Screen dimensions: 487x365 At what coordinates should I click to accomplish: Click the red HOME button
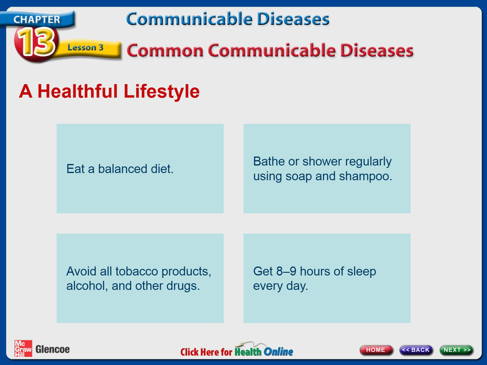click(x=376, y=350)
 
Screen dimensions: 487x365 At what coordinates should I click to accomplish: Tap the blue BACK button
click(x=416, y=350)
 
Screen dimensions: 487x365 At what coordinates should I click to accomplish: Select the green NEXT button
click(x=457, y=350)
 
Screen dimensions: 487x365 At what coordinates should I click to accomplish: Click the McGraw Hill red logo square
click(x=23, y=348)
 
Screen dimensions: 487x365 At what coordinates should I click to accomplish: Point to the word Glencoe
click(x=53, y=349)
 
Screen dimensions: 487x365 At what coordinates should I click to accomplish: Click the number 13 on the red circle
click(x=36, y=42)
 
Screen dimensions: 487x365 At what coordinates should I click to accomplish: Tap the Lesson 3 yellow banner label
click(x=85, y=47)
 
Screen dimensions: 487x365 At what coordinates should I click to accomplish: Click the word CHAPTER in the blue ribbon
click(x=37, y=20)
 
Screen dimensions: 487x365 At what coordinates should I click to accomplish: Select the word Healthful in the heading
click(x=78, y=91)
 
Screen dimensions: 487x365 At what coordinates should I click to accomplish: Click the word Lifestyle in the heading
click(x=162, y=92)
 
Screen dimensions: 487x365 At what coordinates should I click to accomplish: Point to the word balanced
click(x=123, y=169)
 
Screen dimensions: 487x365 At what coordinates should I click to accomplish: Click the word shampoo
click(x=366, y=177)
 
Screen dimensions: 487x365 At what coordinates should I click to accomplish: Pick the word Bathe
click(x=269, y=161)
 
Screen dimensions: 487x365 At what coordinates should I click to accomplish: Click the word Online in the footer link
click(x=278, y=352)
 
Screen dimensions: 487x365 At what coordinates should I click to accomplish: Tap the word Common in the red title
click(x=165, y=51)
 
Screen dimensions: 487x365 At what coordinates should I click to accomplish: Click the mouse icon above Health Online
click(x=240, y=344)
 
